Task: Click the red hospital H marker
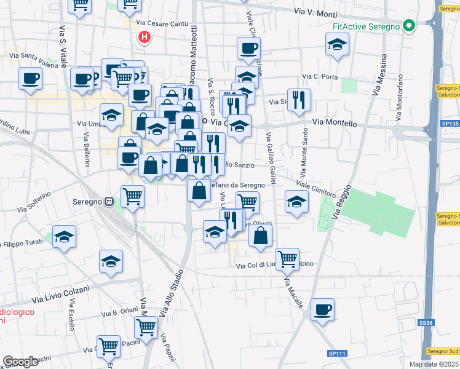[145, 37]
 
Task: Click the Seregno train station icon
[109, 200]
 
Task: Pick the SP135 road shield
[446, 123]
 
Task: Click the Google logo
[20, 362]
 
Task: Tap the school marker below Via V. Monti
[337, 44]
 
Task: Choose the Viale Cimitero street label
[315, 189]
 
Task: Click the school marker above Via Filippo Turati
[65, 237]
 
